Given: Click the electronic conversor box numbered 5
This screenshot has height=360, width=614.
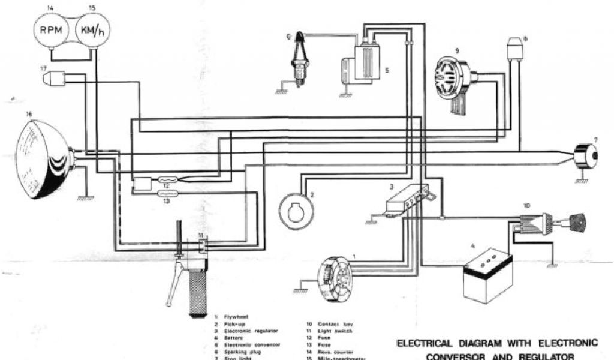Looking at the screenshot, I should (366, 60).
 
